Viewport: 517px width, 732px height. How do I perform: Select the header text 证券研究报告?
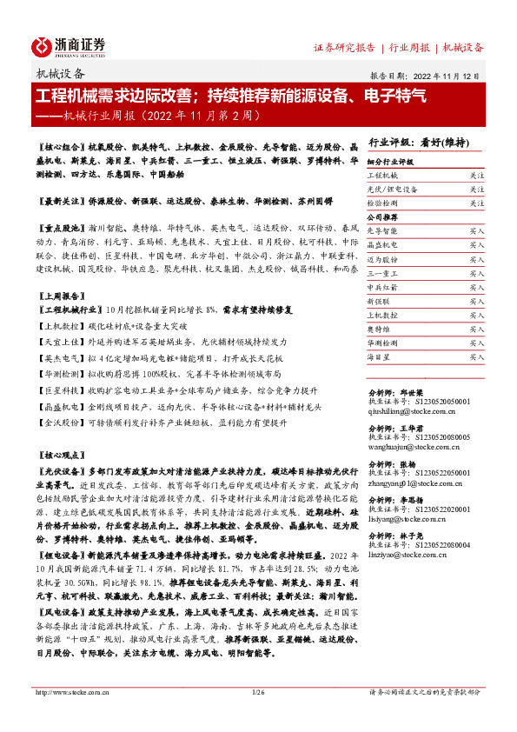(x=344, y=47)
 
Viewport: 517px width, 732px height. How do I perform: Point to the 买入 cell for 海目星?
(x=476, y=356)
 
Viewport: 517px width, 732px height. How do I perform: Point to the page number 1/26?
(x=258, y=692)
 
